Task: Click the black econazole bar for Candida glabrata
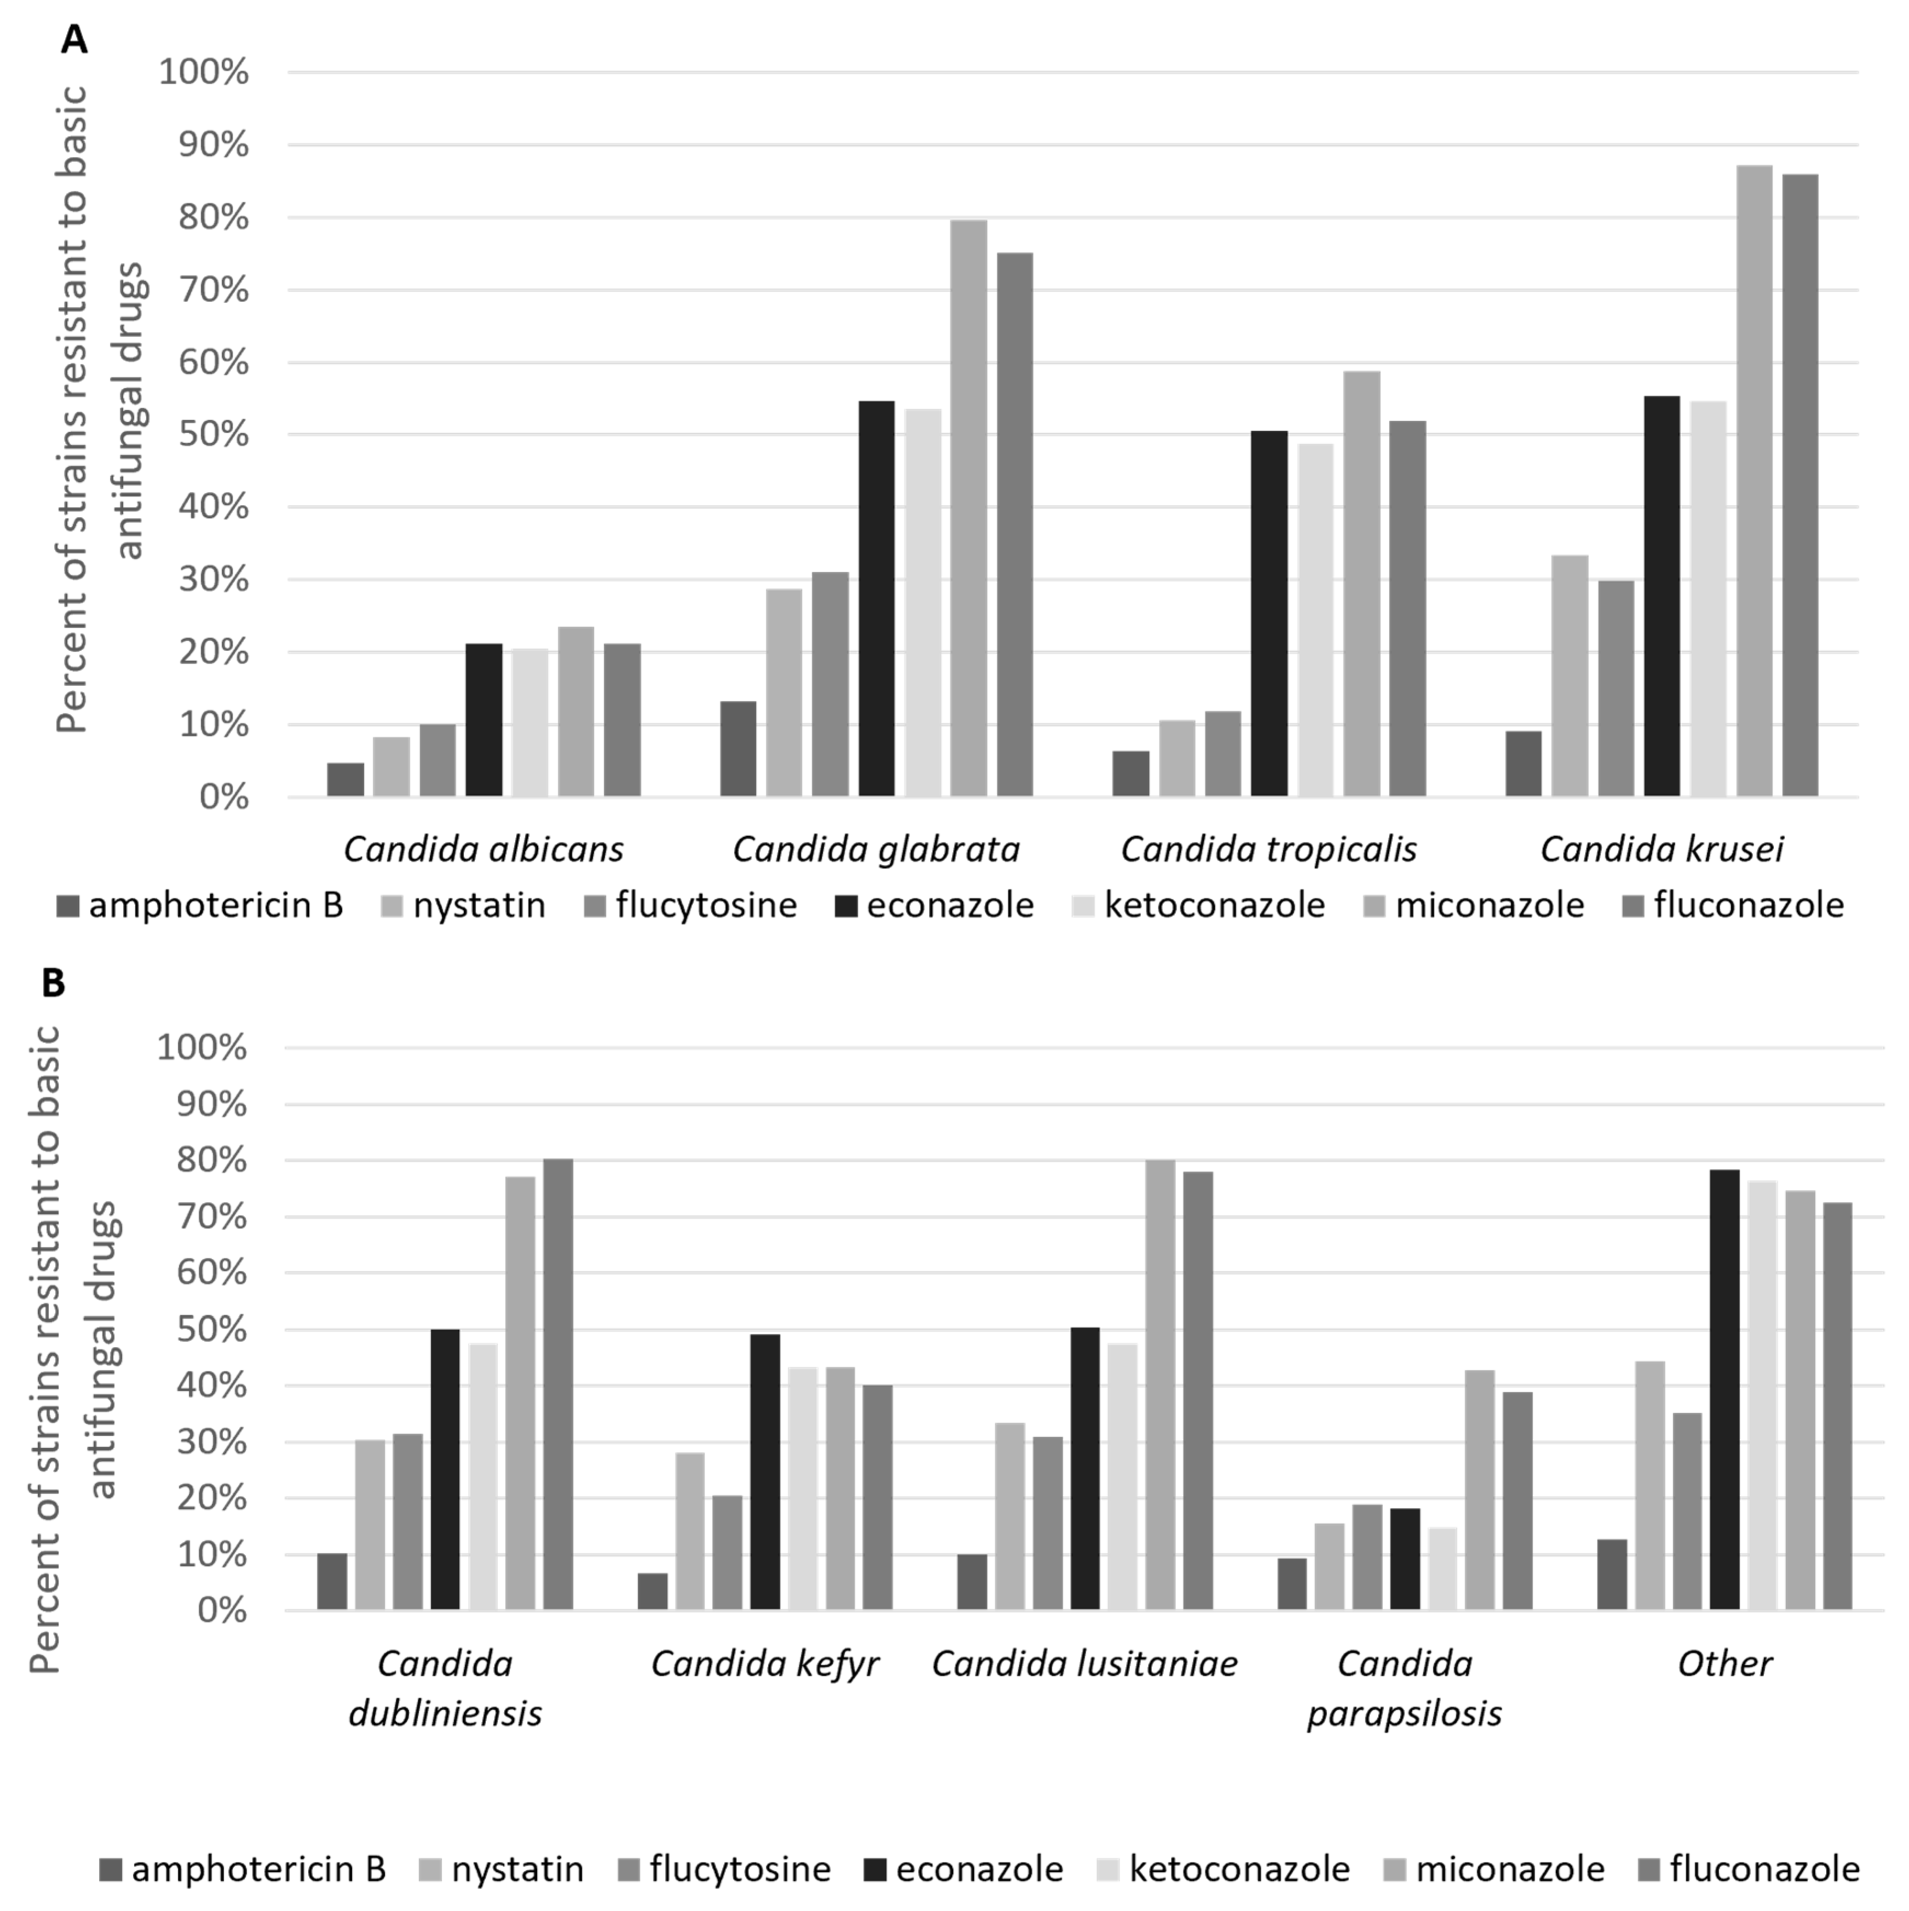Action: coord(876,598)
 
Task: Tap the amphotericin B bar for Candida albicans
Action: coord(345,780)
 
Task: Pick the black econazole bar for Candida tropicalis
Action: coord(1269,613)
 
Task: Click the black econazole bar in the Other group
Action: coord(1724,1390)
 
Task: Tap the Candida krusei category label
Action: coord(1662,848)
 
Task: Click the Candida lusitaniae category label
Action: coord(1084,1664)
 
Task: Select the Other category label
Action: coord(1724,1664)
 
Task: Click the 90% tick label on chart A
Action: coord(212,146)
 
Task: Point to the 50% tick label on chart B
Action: coord(211,1330)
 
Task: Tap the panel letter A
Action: coord(74,39)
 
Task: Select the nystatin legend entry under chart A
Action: coord(463,905)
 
